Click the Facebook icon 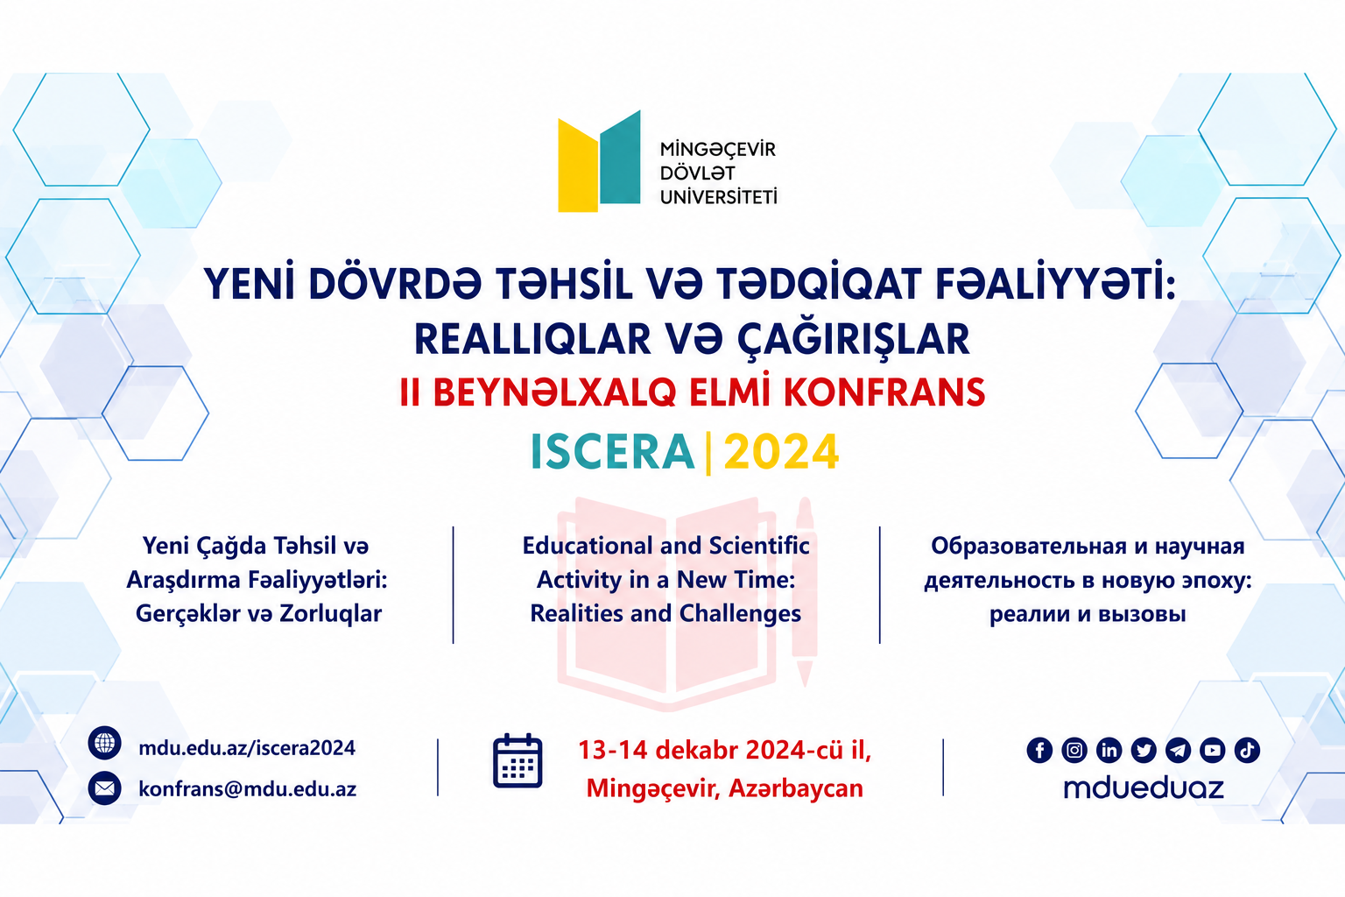[x=1039, y=750]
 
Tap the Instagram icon [x=1074, y=750]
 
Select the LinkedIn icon [x=1109, y=750]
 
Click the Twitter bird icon [x=1144, y=750]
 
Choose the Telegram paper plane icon [x=1178, y=750]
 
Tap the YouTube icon [x=1212, y=750]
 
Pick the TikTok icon [x=1247, y=750]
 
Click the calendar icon [x=518, y=760]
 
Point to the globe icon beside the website [x=104, y=743]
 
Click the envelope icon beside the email [x=104, y=788]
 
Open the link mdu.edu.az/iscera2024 [x=247, y=748]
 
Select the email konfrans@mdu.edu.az [x=248, y=789]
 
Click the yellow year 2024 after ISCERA [x=781, y=452]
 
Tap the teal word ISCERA [x=612, y=452]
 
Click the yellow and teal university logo [x=599, y=161]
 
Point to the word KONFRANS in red [x=884, y=393]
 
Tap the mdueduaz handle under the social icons [x=1144, y=788]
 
